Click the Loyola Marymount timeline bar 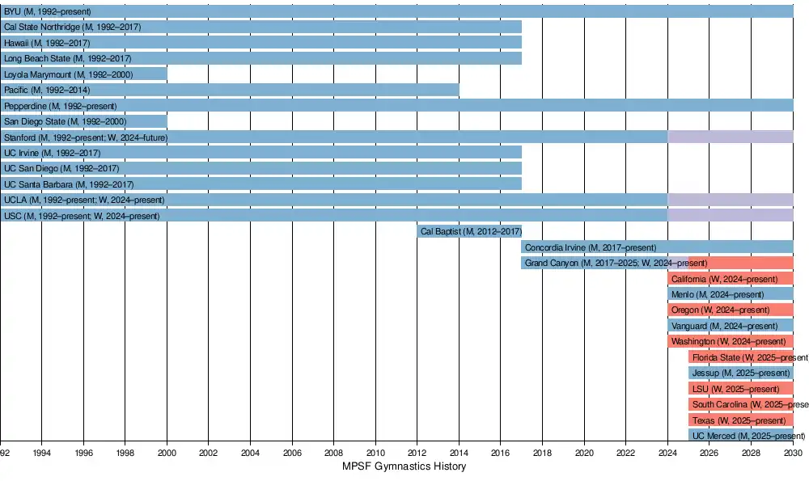tap(83, 74)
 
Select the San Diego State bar tap(83, 121)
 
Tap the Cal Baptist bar tap(469, 231)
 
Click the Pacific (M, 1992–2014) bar tap(230, 90)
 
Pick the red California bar tap(731, 278)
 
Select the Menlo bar tap(731, 294)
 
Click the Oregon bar tap(731, 310)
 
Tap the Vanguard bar tap(731, 326)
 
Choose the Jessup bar tap(741, 373)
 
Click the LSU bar tap(741, 389)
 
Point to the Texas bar tap(741, 420)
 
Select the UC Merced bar tap(741, 436)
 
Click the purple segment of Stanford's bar tap(731, 137)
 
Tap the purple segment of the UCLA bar tap(731, 200)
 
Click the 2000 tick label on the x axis tap(167, 454)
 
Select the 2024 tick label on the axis tap(667, 454)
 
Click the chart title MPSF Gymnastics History tap(404, 466)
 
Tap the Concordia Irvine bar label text tap(591, 247)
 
